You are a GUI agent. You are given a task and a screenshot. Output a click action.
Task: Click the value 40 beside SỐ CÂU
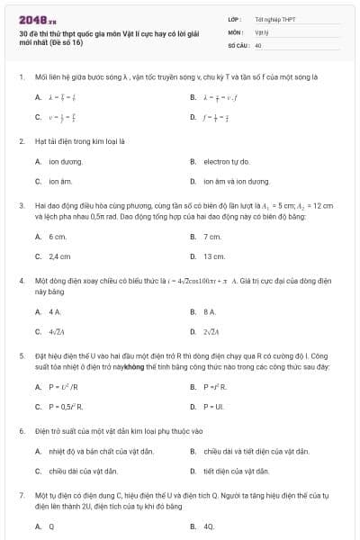(x=258, y=44)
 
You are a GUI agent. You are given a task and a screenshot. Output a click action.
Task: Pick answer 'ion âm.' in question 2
(x=60, y=181)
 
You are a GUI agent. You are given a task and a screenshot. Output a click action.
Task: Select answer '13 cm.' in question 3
(x=214, y=256)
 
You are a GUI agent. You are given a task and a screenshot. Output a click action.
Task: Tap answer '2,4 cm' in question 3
(x=59, y=256)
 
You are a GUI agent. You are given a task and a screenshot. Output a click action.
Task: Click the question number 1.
(x=21, y=77)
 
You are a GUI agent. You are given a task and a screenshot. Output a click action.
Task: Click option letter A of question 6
(x=38, y=451)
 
